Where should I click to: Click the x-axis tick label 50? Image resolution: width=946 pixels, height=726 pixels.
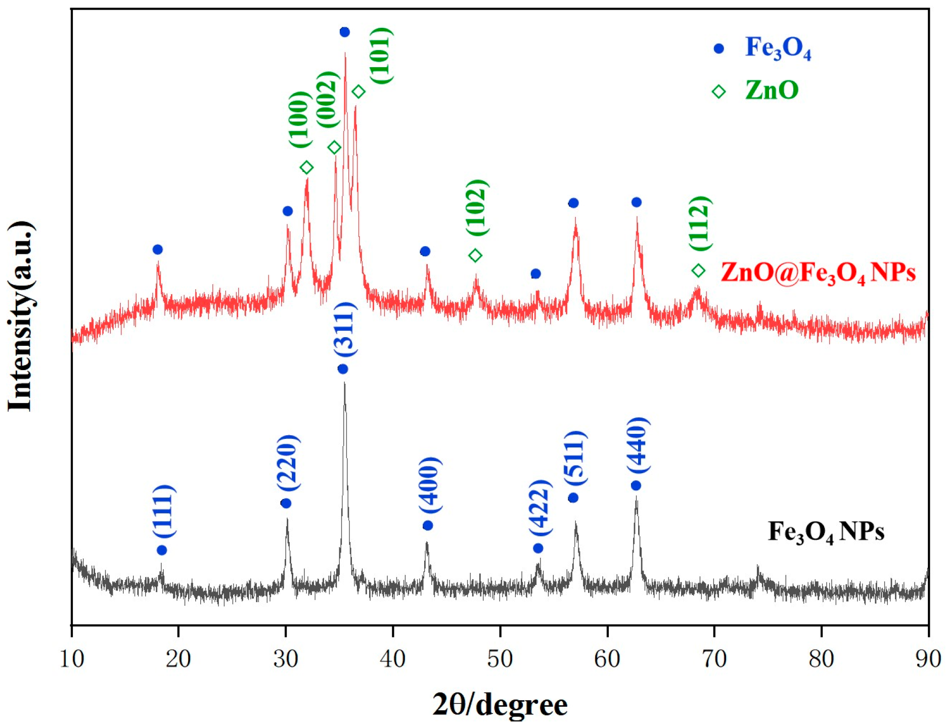coord(500,659)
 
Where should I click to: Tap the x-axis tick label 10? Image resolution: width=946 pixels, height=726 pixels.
coord(72,659)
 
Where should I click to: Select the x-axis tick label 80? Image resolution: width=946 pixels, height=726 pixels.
coord(821,659)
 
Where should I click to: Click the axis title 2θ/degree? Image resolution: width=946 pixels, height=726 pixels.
coord(500,704)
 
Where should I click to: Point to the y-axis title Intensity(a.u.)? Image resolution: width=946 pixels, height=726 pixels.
coord(21,316)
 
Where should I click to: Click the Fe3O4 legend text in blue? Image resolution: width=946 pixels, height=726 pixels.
coord(778,49)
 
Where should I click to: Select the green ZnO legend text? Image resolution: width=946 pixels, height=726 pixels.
coord(772,90)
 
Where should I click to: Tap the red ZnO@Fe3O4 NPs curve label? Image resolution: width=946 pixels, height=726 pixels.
coord(818,273)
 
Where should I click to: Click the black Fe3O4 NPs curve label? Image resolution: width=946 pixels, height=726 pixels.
coord(826,532)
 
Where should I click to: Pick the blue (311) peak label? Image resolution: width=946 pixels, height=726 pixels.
coord(345,330)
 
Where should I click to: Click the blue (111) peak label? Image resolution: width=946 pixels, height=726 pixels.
coord(164,512)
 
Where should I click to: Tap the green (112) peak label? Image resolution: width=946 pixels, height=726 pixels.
coord(700,223)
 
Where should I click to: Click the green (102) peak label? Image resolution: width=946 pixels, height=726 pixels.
coord(477,208)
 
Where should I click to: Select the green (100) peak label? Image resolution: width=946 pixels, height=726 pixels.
coord(300,120)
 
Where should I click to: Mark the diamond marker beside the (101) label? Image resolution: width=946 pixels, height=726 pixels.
coord(358,92)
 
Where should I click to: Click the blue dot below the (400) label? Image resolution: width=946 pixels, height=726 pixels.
coord(428,526)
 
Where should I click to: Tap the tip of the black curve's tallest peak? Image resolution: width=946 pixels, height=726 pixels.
coord(344,383)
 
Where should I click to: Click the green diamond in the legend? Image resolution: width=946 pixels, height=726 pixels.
coord(718,92)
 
